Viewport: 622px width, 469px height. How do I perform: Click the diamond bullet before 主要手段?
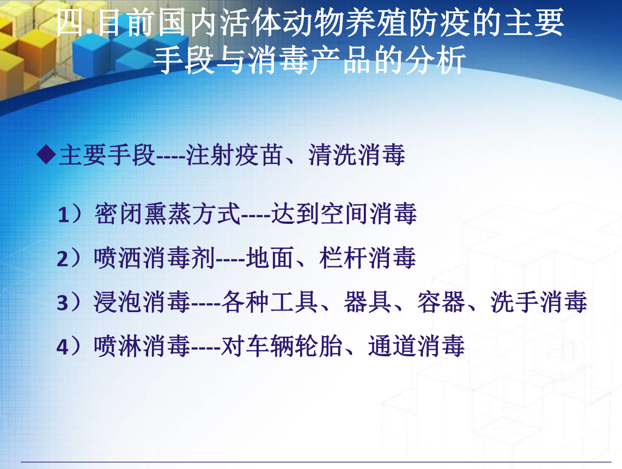tap(46, 154)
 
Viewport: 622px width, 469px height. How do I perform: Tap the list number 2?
tap(63, 259)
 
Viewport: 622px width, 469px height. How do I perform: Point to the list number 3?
tap(63, 303)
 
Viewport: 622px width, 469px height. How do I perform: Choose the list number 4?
tap(63, 347)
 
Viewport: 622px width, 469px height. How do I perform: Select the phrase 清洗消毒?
tap(357, 155)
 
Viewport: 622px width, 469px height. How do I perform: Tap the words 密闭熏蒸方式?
tap(167, 214)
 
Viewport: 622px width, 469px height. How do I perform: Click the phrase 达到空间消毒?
tap(344, 214)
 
